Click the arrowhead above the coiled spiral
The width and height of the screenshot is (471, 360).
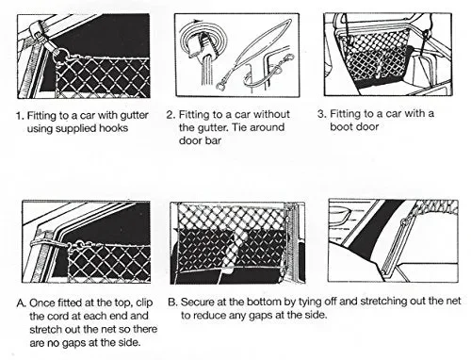[198, 21]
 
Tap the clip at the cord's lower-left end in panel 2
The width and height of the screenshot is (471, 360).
[220, 85]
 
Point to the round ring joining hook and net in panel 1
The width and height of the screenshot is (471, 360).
[63, 55]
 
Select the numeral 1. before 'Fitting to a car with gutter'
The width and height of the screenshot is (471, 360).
[20, 116]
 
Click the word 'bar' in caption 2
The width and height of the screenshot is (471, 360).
[214, 140]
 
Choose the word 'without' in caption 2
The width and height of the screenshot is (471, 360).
[271, 114]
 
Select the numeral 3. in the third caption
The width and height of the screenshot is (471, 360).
[322, 113]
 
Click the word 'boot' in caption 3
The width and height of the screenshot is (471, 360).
[340, 126]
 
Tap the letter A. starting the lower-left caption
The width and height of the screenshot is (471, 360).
[22, 303]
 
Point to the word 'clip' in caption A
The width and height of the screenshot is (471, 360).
[144, 303]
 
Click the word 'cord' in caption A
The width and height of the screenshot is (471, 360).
[59, 316]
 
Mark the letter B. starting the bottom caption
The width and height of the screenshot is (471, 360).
[173, 303]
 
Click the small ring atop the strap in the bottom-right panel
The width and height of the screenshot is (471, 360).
[405, 221]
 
